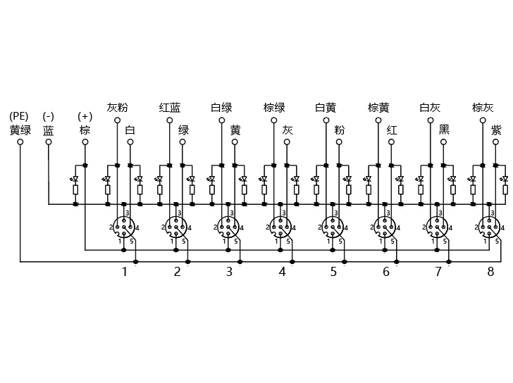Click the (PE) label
pos(18,116)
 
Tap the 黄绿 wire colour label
pos(20,130)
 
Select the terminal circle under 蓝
pos(49,142)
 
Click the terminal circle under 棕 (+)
pos(85,142)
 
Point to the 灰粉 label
pos(117,107)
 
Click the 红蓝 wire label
pos(169,107)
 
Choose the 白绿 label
pos(221,107)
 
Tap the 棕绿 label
pos(274,107)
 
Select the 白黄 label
pos(326,107)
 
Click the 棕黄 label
pos(378,107)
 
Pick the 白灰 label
pos(431,107)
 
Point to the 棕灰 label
pos(483,107)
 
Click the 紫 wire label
pos(496,130)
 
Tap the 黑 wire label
pos(444,130)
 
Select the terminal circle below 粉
pos(339,142)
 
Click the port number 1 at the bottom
pos(124,272)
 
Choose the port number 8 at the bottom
pos(490,272)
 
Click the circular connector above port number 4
pos(280,227)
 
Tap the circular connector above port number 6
pos(385,227)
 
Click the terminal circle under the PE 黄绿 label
pos(20,142)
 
